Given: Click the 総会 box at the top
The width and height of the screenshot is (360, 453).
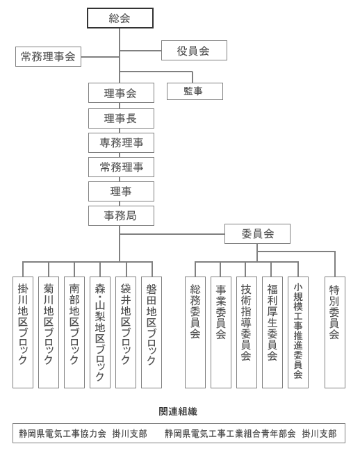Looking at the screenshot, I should [120, 18].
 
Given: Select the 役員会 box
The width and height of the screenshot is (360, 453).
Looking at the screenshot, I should [194, 51].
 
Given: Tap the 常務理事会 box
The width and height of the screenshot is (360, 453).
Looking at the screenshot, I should [48, 57].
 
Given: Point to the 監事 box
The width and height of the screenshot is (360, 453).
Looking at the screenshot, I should [195, 91].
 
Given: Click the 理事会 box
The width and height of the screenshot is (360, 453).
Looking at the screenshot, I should [121, 93].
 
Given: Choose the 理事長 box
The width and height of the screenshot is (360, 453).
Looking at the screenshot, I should [121, 118].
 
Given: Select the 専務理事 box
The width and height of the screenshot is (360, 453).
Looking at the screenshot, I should [121, 142].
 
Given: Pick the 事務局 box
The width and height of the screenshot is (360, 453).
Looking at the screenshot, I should [121, 215].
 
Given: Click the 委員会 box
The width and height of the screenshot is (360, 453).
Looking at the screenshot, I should [257, 233].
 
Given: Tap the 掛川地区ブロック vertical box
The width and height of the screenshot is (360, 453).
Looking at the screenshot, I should [23, 331].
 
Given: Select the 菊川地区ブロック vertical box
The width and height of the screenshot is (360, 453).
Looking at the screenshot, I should [49, 331].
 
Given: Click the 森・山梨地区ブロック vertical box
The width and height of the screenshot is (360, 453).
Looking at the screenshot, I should [100, 331].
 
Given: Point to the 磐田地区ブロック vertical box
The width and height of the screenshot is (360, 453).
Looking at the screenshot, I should [152, 331].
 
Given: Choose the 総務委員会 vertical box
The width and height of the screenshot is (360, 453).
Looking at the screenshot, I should [195, 331].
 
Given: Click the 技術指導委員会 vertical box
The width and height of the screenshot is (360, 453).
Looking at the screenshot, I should [246, 331].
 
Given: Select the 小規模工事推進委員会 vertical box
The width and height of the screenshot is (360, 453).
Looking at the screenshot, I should [297, 331].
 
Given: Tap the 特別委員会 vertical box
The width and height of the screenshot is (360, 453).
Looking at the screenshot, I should [334, 331].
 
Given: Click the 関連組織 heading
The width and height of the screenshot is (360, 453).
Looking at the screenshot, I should [178, 411].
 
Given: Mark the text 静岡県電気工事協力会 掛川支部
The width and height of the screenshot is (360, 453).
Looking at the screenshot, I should [83, 434].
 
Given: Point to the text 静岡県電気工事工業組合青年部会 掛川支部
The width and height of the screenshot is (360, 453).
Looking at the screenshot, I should [251, 434].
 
